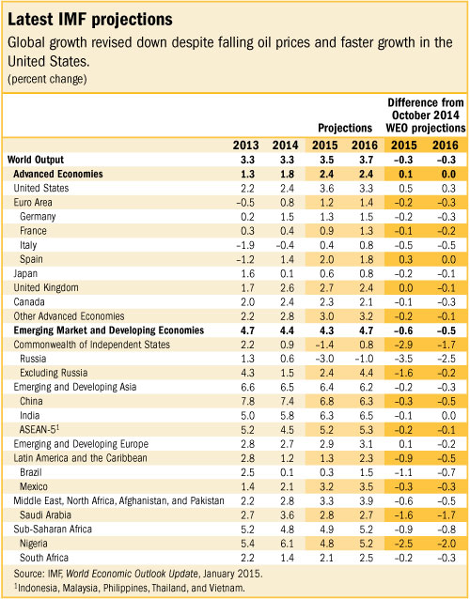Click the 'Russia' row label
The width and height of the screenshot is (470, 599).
(x=35, y=358)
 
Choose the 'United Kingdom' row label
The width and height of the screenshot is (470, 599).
(x=47, y=286)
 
